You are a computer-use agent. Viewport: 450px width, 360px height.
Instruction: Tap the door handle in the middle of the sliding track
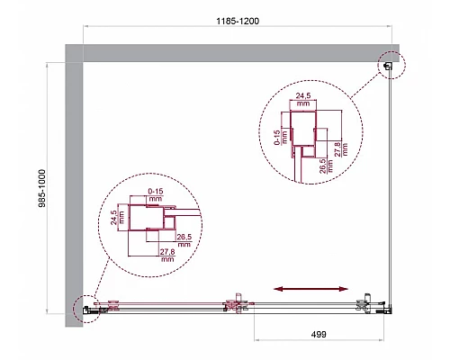(x=238, y=303)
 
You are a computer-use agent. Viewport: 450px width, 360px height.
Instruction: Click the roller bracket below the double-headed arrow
(x=366, y=303)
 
